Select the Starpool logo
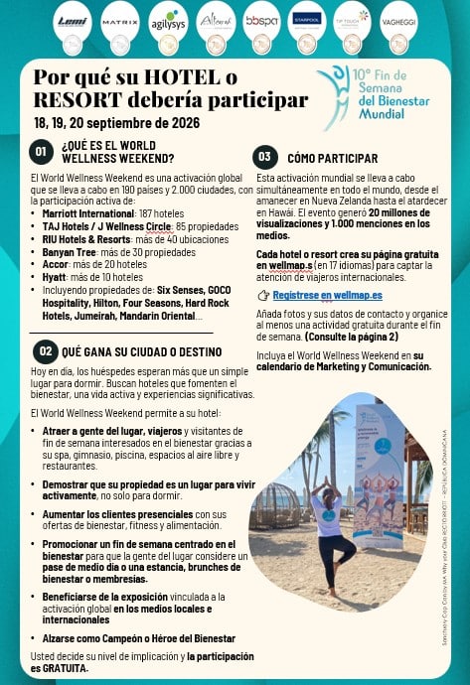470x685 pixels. click(306, 18)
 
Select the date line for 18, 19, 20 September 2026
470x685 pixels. click(116, 123)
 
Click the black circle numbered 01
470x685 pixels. click(41, 152)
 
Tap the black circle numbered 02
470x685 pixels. click(45, 351)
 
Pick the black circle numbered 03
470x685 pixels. click(264, 157)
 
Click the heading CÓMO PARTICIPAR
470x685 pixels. click(332, 158)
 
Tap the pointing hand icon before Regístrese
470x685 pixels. click(262, 296)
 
